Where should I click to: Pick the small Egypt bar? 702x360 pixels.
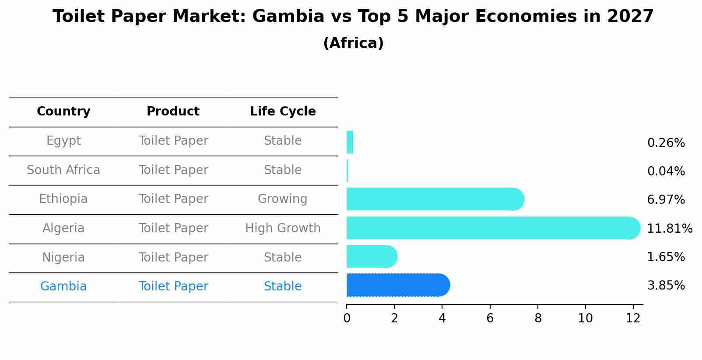coord(350,142)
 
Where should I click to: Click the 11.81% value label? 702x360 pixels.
coord(669,228)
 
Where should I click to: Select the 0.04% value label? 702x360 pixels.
coord(666,171)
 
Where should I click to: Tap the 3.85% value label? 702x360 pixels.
coord(666,286)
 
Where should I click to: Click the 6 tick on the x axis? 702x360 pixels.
coord(490,318)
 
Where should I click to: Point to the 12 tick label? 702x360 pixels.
coord(633,318)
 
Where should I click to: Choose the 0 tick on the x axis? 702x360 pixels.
coord(347,318)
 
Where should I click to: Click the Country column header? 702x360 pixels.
coord(63,112)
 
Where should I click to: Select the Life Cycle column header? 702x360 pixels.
coord(283,112)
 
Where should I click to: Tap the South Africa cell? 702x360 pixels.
coord(63,170)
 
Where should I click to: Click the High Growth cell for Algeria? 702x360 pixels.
coord(283,228)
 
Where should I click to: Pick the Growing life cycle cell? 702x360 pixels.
coord(283,199)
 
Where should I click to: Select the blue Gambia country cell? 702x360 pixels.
coord(63,287)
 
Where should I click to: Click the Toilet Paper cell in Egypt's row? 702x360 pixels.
coord(173,141)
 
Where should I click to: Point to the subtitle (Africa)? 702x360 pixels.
coord(353,43)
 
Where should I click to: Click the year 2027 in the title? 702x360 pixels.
coord(630,17)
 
